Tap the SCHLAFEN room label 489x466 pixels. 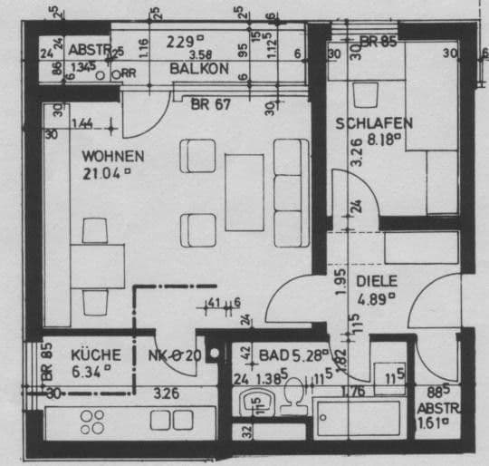(374, 123)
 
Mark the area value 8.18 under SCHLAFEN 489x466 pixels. (379, 140)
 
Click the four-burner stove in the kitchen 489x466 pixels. (92, 421)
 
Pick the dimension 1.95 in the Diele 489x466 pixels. (340, 280)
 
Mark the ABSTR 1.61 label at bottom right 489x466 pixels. (434, 413)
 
